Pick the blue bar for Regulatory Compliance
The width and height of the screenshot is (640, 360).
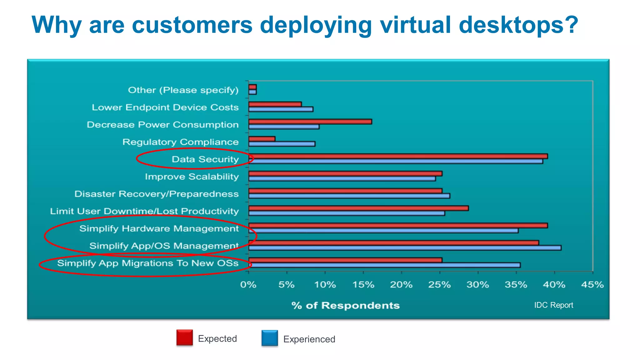point(282,144)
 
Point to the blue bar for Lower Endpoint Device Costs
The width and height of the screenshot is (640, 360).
point(281,109)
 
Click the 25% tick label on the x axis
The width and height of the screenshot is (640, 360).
point(439,285)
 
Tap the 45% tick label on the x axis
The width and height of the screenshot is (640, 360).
point(592,285)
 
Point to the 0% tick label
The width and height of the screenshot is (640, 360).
point(248,285)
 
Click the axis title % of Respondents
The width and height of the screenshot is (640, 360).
point(345,305)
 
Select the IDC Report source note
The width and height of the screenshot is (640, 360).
point(553,305)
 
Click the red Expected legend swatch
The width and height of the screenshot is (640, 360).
point(184,337)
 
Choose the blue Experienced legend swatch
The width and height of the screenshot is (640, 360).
point(270,338)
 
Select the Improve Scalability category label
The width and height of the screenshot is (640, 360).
point(192,177)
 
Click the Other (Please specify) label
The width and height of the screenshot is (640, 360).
point(183,90)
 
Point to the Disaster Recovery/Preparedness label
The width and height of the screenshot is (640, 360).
point(156,194)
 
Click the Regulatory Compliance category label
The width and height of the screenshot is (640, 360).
point(180,142)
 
